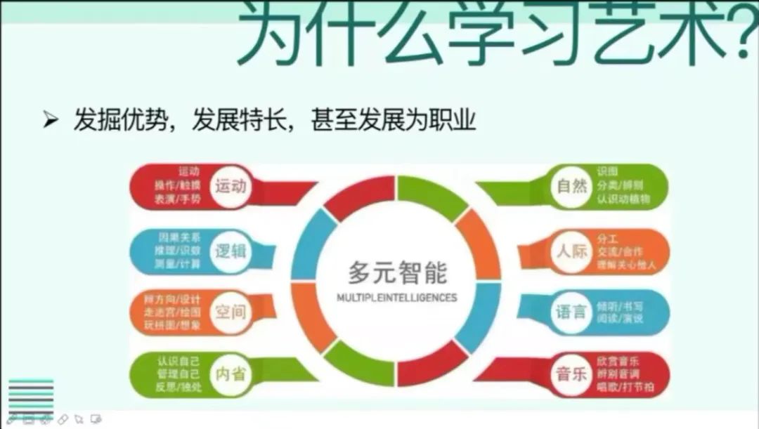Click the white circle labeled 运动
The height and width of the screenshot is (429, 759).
(x=231, y=187)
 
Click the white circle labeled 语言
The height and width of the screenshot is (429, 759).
(x=571, y=311)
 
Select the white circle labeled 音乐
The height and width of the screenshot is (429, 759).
(x=571, y=373)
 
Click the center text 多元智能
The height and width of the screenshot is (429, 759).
(x=397, y=271)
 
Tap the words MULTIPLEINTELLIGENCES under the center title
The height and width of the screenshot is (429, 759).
(x=397, y=298)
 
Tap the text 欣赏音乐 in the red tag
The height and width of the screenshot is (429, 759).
(x=618, y=361)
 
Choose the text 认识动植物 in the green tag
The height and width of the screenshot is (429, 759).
(x=624, y=199)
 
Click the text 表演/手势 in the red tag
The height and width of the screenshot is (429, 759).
(x=178, y=199)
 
